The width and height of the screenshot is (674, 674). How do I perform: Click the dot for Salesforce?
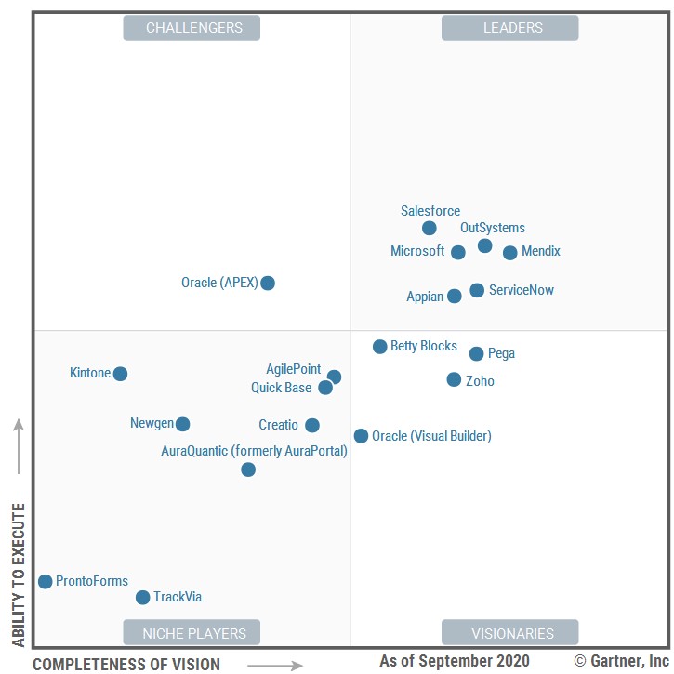pos(429,228)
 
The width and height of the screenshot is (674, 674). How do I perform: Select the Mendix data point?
pos(509,252)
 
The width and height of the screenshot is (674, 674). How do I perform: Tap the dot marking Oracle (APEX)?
pos(268,283)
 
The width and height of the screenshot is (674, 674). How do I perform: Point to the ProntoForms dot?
pos(45,582)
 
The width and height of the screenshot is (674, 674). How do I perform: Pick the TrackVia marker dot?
pos(142,598)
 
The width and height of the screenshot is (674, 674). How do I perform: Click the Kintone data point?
pos(120,374)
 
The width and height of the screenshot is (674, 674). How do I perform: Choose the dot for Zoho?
pos(454,379)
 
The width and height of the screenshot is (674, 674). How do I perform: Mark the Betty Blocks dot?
pos(379,347)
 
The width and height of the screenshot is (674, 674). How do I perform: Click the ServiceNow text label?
pos(522,290)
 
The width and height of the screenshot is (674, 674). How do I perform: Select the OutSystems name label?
pos(493,228)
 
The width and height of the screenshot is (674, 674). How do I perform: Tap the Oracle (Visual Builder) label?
pos(431,436)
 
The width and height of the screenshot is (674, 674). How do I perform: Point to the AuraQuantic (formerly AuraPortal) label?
pos(254,451)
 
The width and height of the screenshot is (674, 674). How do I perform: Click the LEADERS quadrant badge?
pos(509,28)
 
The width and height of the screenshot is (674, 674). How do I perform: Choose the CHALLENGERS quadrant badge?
pos(192,28)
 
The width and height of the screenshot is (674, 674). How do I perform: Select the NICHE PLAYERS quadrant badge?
pos(192,633)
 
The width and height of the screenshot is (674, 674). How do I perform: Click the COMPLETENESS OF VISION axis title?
pos(126,664)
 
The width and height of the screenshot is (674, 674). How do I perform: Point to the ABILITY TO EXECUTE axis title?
pos(19,575)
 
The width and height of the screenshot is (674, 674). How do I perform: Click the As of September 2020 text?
pos(455,661)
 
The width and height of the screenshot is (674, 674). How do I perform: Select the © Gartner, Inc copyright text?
pos(621,661)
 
